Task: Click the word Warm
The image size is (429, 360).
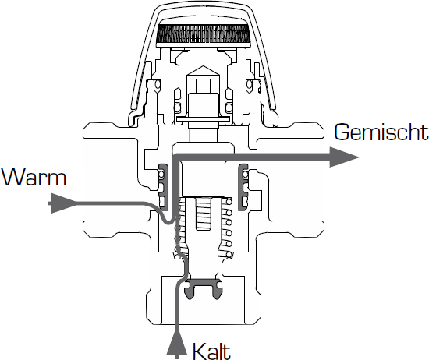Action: click(34, 178)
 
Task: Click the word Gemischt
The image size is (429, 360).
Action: click(381, 132)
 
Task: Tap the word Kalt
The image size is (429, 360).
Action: click(211, 351)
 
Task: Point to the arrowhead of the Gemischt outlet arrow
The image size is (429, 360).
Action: click(344, 157)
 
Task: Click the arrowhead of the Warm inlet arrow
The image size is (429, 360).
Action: click(62, 203)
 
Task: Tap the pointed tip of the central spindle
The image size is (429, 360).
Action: click(203, 66)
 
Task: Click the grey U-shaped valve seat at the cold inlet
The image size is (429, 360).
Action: click(203, 288)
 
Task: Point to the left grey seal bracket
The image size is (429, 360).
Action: click(163, 187)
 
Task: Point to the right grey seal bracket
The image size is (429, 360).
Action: click(243, 187)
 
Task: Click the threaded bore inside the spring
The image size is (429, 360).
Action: click(204, 214)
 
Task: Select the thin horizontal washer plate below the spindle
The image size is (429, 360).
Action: click(203, 119)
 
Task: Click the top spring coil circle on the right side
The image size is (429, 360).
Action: click(229, 202)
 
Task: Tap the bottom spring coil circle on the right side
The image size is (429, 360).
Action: click(229, 255)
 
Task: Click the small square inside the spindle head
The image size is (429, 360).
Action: click(204, 86)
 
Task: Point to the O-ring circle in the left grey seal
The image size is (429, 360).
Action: click(161, 174)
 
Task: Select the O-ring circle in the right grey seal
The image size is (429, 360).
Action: click(245, 174)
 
